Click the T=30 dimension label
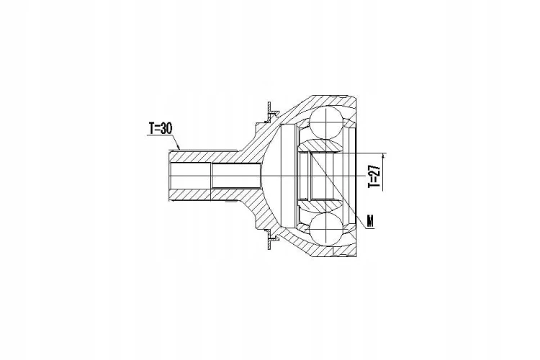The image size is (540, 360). pos(160,128)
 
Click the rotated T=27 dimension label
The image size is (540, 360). pos(374,176)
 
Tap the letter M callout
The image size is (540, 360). pos(370,221)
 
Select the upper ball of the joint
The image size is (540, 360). pos(326,123)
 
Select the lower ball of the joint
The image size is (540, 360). pos(326,228)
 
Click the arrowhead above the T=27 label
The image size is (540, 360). pos(383,158)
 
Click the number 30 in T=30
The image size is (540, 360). pos(166,128)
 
